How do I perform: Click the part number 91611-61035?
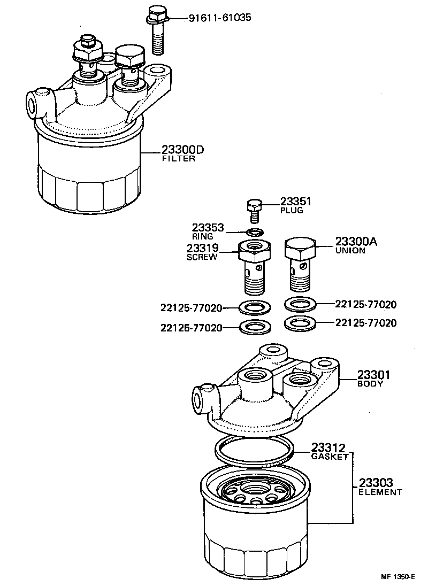[x=219, y=18]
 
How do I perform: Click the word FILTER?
[x=178, y=159]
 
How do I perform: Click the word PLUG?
[x=292, y=211]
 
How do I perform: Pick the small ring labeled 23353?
[x=255, y=232]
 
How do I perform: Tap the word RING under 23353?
[x=203, y=236]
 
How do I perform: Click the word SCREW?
[x=202, y=257]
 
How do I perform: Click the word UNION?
[x=350, y=250]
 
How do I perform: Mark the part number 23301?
[x=374, y=375]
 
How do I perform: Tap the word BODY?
[x=370, y=383]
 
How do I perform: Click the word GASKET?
[x=330, y=457]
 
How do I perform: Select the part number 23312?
[x=329, y=448]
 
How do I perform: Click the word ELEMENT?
[x=380, y=492]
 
